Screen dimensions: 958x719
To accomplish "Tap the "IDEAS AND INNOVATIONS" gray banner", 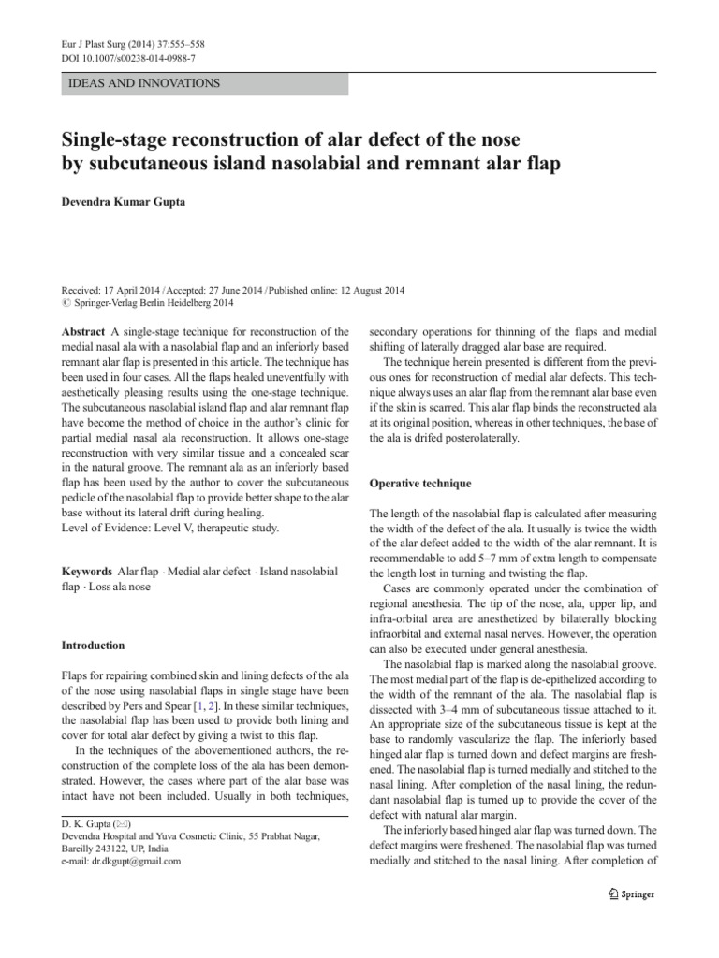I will pyautogui.click(x=203, y=83).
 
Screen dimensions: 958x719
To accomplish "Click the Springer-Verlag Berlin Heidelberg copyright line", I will pyautogui.click(x=147, y=303).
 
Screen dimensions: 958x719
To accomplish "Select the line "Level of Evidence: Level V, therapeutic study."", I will pyautogui.click(x=169, y=528).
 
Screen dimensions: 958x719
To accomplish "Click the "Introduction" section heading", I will pyautogui.click(x=93, y=646).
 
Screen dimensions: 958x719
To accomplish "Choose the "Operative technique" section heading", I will pyautogui.click(x=419, y=483).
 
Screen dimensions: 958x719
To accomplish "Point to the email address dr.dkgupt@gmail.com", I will pyautogui.click(x=121, y=861).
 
